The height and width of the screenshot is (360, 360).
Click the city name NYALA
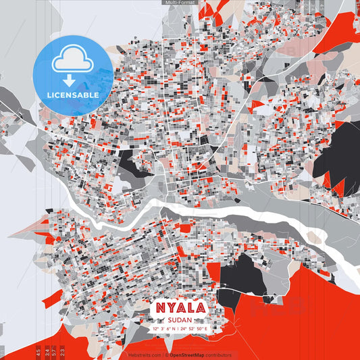(180, 308)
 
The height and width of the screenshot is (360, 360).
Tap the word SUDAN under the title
(180, 319)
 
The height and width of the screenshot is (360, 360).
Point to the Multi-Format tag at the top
(179, 3)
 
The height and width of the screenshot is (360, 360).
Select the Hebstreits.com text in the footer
(145, 355)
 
